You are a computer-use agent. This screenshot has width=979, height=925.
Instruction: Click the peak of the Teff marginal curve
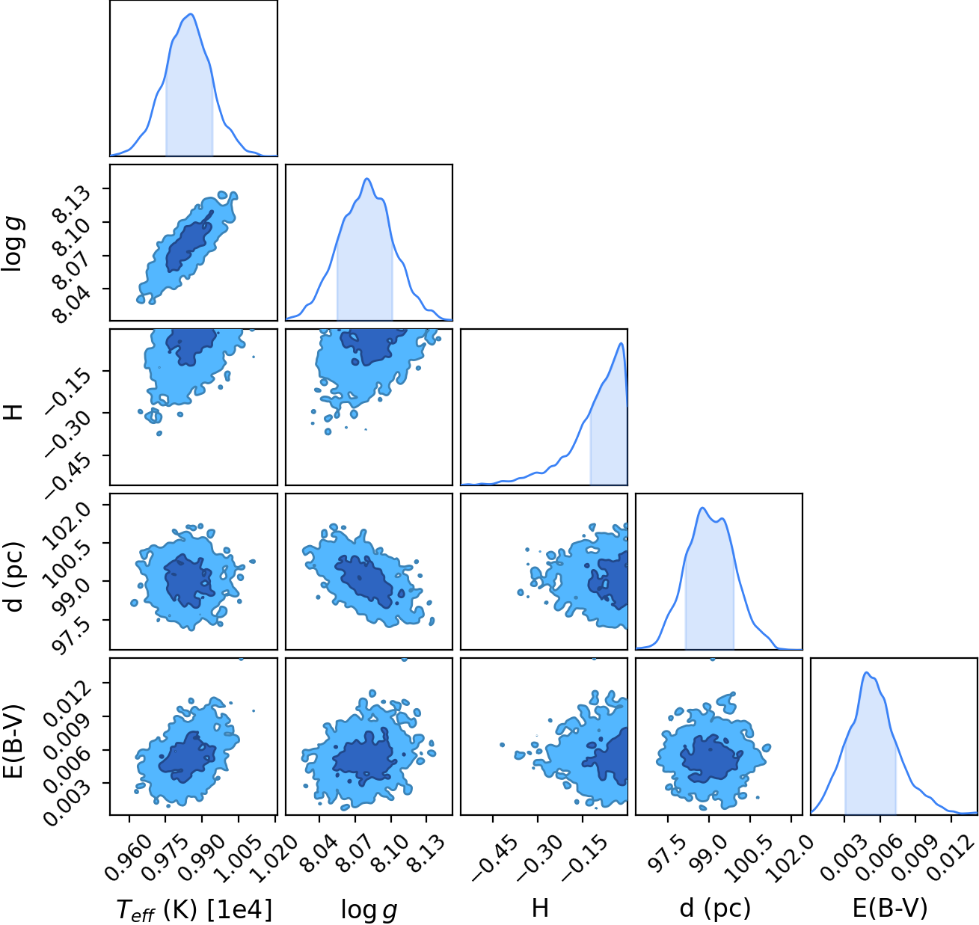pos(191,13)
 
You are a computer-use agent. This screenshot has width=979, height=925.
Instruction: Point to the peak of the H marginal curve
pos(621,343)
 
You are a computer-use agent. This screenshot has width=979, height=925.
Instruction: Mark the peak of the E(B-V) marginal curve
pos(866,672)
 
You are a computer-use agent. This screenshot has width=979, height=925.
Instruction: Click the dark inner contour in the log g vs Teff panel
pos(187,243)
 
